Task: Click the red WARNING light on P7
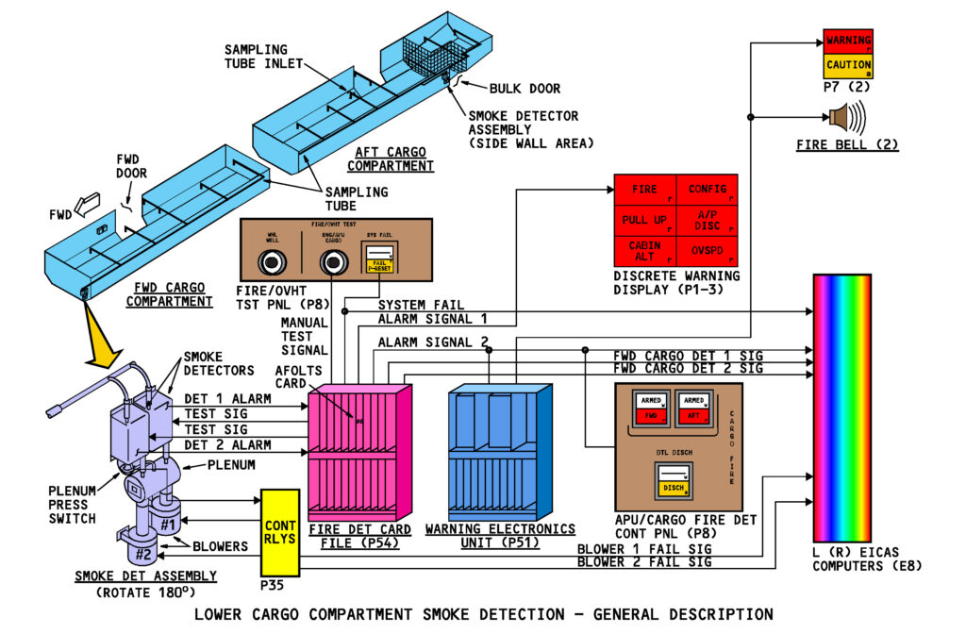[847, 41]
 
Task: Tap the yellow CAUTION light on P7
[847, 66]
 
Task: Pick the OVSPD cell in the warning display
[708, 251]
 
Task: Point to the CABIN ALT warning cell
[645, 251]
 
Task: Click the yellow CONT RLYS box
[279, 532]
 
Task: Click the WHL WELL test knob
[273, 265]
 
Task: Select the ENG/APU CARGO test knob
[330, 266]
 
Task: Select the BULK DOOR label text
[525, 89]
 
